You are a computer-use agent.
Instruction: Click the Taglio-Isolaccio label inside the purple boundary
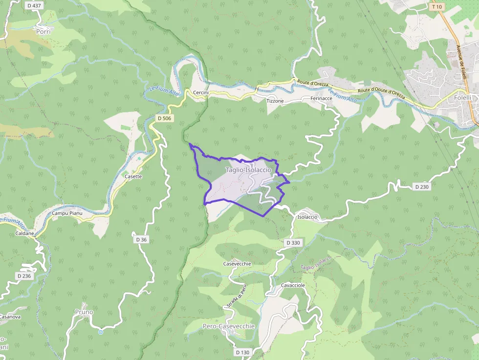pyautogui.click(x=248, y=169)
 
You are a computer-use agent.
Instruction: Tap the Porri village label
pyautogui.click(x=44, y=31)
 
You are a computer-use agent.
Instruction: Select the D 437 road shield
pyautogui.click(x=34, y=5)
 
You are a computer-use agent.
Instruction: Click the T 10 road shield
pyautogui.click(x=436, y=7)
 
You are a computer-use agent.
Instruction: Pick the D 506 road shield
pyautogui.click(x=164, y=118)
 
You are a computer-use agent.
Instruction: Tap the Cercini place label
pyautogui.click(x=201, y=92)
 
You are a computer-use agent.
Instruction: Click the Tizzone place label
pyautogui.click(x=275, y=101)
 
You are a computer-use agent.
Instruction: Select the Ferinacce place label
pyautogui.click(x=321, y=98)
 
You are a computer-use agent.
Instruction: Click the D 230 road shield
pyautogui.click(x=422, y=187)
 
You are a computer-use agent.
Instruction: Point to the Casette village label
pyautogui.click(x=133, y=176)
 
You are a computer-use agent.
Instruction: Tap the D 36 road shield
pyautogui.click(x=141, y=239)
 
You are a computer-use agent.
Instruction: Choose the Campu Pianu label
pyautogui.click(x=67, y=213)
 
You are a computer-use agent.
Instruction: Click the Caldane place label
pyautogui.click(x=25, y=233)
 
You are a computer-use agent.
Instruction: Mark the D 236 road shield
pyautogui.click(x=24, y=276)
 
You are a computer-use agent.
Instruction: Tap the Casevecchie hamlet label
pyautogui.click(x=237, y=264)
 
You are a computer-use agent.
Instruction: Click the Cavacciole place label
pyautogui.click(x=293, y=285)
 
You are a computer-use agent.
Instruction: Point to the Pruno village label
pyautogui.click(x=84, y=312)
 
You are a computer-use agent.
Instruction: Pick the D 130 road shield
pyautogui.click(x=242, y=352)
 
